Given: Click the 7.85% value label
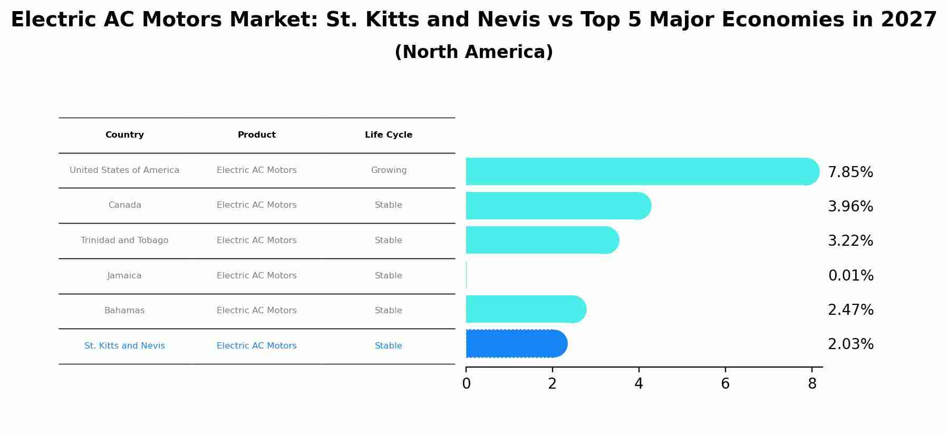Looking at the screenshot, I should pyautogui.click(x=850, y=172).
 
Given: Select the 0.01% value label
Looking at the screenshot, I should pyautogui.click(x=850, y=276).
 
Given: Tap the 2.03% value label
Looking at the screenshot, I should pyautogui.click(x=850, y=344).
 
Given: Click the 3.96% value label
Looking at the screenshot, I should pyautogui.click(x=850, y=207).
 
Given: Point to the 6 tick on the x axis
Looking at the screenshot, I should pyautogui.click(x=725, y=384).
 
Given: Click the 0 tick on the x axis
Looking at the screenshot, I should pyautogui.click(x=466, y=384).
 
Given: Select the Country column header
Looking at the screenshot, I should pyautogui.click(x=124, y=135).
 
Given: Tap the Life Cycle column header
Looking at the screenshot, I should pyautogui.click(x=389, y=135).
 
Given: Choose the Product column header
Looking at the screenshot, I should pyautogui.click(x=257, y=135).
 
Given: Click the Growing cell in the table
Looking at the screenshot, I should pyautogui.click(x=389, y=170).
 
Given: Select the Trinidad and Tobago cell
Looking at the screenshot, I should pyautogui.click(x=124, y=240).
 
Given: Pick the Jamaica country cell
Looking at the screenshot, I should pyautogui.click(x=124, y=276).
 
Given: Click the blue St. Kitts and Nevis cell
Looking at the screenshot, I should pyautogui.click(x=124, y=346).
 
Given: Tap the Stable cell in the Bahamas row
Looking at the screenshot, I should pyautogui.click(x=389, y=311).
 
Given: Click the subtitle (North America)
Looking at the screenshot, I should pyautogui.click(x=473, y=52).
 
